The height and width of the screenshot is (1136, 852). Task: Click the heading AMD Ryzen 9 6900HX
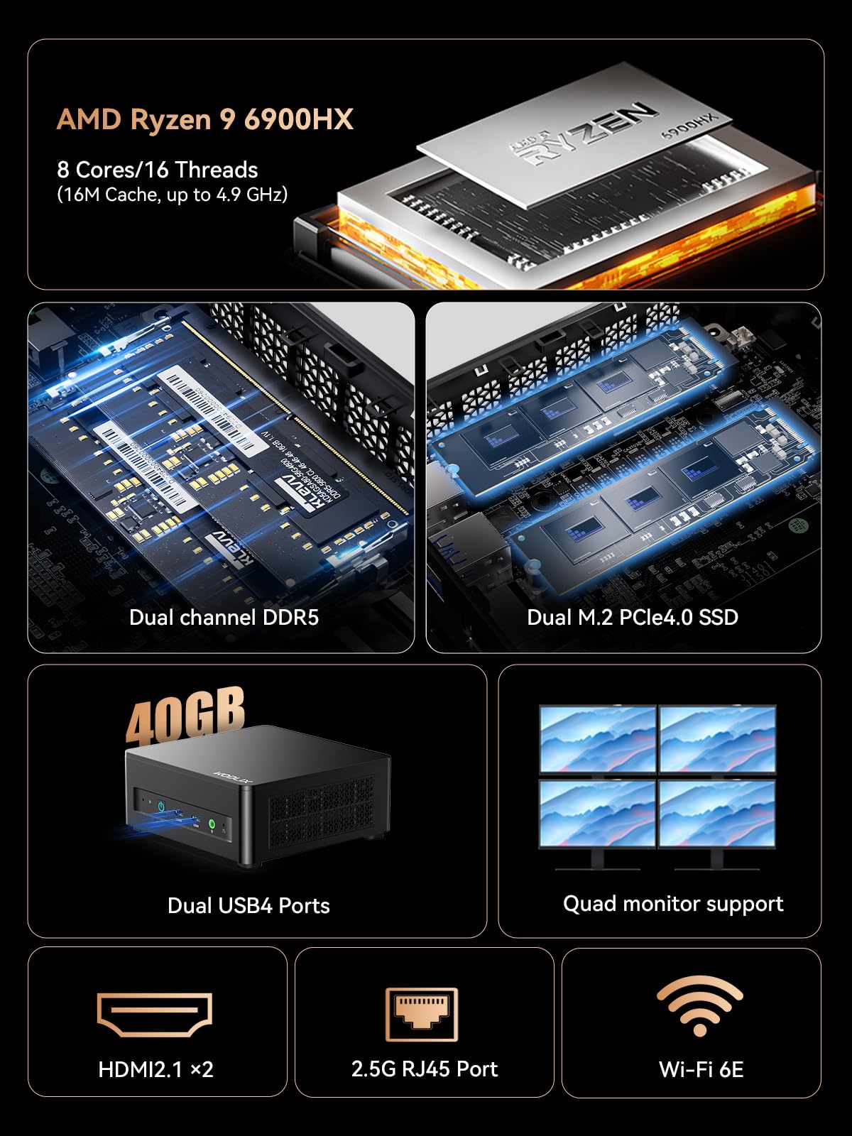(x=204, y=119)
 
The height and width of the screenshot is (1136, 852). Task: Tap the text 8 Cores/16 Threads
(x=157, y=170)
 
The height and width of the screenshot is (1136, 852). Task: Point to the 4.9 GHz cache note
(x=173, y=195)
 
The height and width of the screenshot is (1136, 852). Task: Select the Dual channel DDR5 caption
(x=224, y=617)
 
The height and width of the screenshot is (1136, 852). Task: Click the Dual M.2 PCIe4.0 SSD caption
(x=632, y=617)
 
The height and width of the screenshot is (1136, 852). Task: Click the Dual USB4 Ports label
(x=248, y=905)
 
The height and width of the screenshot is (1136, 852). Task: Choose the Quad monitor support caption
(x=673, y=903)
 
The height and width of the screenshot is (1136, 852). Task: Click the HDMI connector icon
(x=155, y=1015)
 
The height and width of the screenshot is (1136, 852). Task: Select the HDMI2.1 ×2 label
(x=155, y=1069)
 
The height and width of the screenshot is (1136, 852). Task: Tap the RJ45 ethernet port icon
(x=422, y=1014)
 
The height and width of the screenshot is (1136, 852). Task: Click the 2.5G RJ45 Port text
(x=424, y=1069)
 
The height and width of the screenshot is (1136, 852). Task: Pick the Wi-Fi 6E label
(x=701, y=1069)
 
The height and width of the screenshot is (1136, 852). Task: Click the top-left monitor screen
(x=597, y=738)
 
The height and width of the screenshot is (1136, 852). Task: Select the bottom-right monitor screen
(x=717, y=813)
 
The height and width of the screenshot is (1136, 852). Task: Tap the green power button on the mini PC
(x=212, y=824)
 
